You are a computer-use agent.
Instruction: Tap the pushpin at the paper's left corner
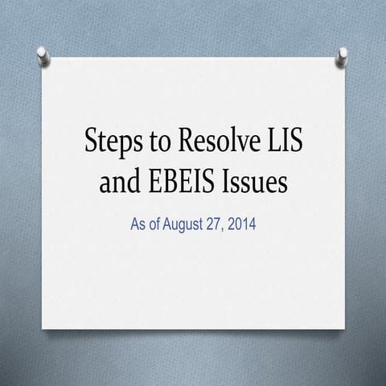[43, 55]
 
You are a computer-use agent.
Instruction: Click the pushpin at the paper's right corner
[343, 55]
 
